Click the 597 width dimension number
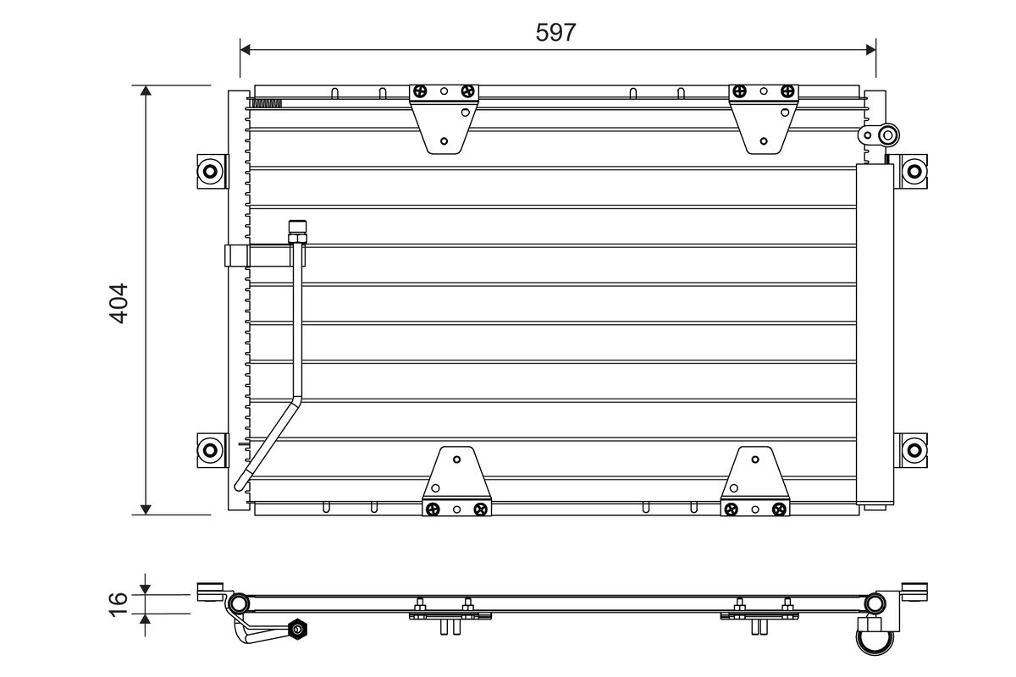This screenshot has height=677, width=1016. [x=557, y=32]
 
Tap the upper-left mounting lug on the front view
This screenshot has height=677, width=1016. [x=210, y=171]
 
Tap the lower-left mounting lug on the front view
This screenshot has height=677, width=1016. [x=210, y=448]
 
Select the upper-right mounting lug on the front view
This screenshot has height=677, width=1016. [x=913, y=170]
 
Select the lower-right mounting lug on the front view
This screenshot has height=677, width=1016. [x=913, y=448]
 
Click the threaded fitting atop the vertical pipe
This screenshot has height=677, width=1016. [x=296, y=231]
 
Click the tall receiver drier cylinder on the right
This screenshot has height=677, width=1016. [x=875, y=334]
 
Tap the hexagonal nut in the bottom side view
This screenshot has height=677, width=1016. [x=296, y=630]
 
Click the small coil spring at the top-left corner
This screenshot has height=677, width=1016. [x=266, y=104]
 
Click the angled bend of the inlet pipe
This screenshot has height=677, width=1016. [x=292, y=405]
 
